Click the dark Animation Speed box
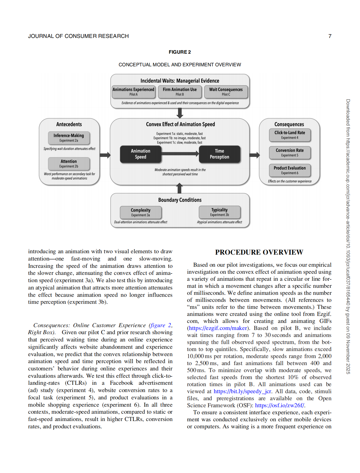pos(141,154)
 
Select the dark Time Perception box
pos(219,154)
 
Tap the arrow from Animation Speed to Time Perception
pos(180,154)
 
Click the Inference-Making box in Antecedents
pos(69,138)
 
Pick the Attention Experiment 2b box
pos(69,164)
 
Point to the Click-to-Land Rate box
pos(290,135)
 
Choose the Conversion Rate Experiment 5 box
pos(290,153)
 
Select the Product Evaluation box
pos(290,170)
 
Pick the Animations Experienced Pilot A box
pos(133,92)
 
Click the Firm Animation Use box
pos(180,92)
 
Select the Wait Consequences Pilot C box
pos(226,92)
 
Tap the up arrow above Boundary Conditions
pos(180,188)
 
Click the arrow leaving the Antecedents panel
pos(105,155)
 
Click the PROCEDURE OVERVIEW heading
pos(259,252)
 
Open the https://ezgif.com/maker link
pos(218,328)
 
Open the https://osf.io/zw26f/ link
pos(279,406)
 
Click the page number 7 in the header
pos(330,36)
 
